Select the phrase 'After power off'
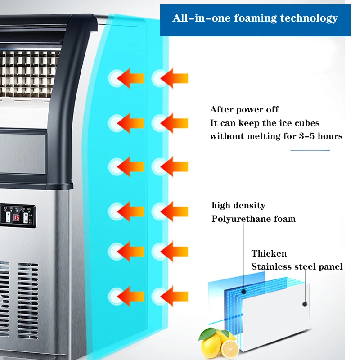click(244, 109)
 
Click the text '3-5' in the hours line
click(307, 136)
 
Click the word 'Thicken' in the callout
click(269, 253)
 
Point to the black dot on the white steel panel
click(305, 304)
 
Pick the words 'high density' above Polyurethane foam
click(238, 206)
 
